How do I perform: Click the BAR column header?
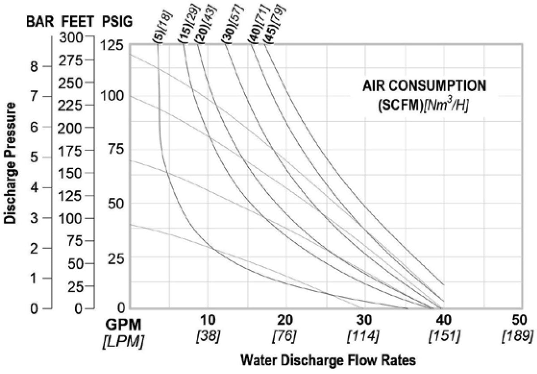pyautogui.click(x=40, y=22)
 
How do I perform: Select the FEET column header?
pyautogui.click(x=78, y=22)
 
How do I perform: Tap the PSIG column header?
pyautogui.click(x=117, y=22)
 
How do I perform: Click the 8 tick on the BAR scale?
pyautogui.click(x=34, y=66)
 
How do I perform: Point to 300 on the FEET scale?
pyautogui.click(x=71, y=38)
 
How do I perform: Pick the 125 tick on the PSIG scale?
pyautogui.click(x=111, y=45)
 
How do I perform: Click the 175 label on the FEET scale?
pyautogui.click(x=70, y=151)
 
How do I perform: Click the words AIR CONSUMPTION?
pyautogui.click(x=424, y=86)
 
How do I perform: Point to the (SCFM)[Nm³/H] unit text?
pyautogui.click(x=423, y=106)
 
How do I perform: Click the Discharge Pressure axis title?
pyautogui.click(x=10, y=163)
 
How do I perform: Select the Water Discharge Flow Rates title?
pyautogui.click(x=328, y=360)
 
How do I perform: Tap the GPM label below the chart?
pyautogui.click(x=124, y=325)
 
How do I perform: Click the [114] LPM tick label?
pyautogui.click(x=363, y=336)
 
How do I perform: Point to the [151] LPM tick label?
pyautogui.click(x=444, y=336)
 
